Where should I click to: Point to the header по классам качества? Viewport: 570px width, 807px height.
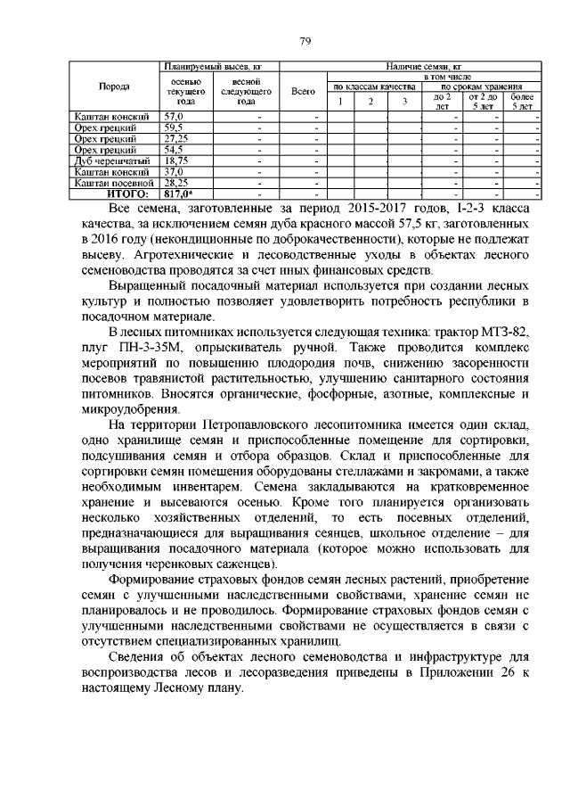point(373,86)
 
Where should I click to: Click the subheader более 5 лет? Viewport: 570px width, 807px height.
point(522,101)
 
